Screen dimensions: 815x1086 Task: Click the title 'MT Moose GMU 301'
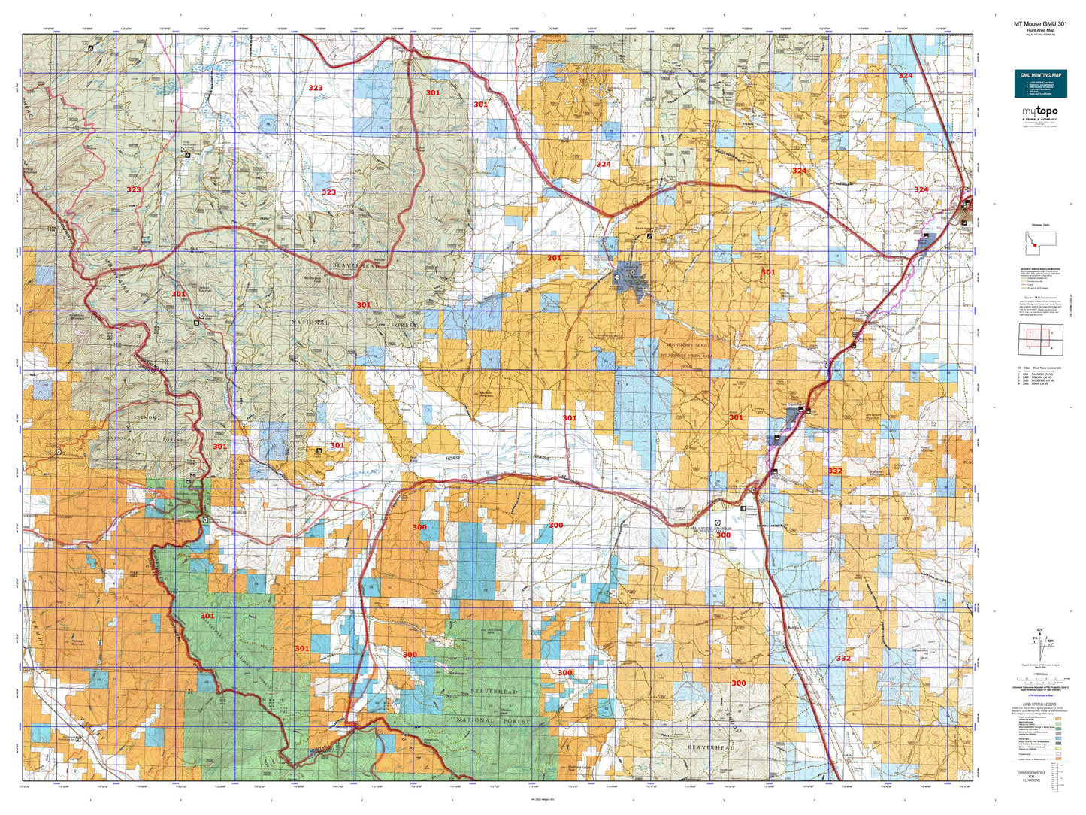point(1039,23)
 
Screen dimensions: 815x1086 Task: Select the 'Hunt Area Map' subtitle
point(1039,30)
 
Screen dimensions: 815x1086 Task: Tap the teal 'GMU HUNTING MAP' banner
point(1040,75)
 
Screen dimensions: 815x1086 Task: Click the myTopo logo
point(1039,112)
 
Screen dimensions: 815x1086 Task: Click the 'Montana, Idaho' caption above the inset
point(1040,226)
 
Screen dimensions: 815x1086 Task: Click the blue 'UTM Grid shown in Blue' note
point(1040,698)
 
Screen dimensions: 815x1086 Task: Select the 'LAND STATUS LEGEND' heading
point(1040,704)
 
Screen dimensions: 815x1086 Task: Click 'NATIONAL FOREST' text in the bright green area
point(493,720)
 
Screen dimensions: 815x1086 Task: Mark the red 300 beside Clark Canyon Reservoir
point(722,535)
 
